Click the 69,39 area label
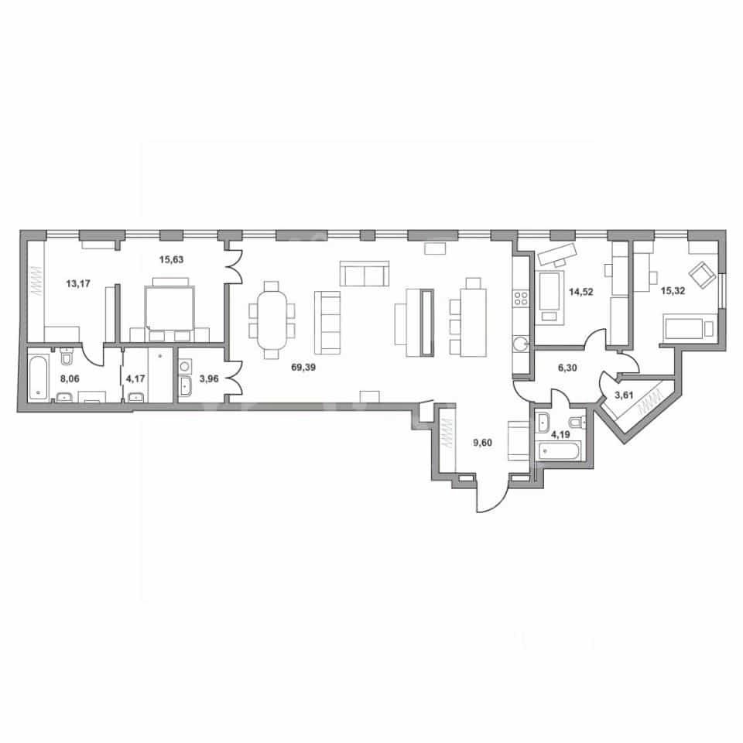pyautogui.click(x=303, y=367)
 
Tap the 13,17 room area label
pyautogui.click(x=78, y=284)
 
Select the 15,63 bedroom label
pyautogui.click(x=171, y=260)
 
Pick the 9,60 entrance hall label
pyautogui.click(x=482, y=443)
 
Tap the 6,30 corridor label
pyautogui.click(x=567, y=368)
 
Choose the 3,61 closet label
pyautogui.click(x=624, y=395)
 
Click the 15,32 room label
pyautogui.click(x=673, y=291)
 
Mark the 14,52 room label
pyautogui.click(x=581, y=292)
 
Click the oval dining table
pyautogui.click(x=272, y=320)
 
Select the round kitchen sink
pyautogui.click(x=521, y=343)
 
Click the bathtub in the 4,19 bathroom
pyautogui.click(x=557, y=451)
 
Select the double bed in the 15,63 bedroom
pyautogui.click(x=169, y=307)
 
